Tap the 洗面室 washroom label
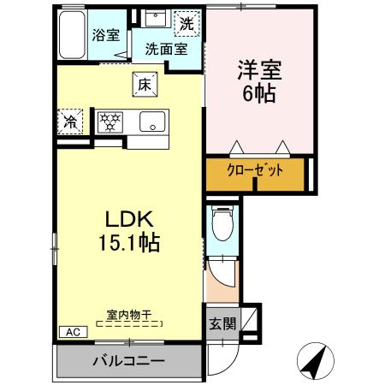click(165, 49)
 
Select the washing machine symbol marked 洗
click(186, 23)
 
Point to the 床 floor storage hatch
click(142, 84)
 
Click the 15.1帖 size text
click(129, 242)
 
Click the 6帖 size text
click(259, 92)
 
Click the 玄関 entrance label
click(219, 324)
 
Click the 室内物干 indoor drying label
click(129, 315)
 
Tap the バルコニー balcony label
click(128, 361)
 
